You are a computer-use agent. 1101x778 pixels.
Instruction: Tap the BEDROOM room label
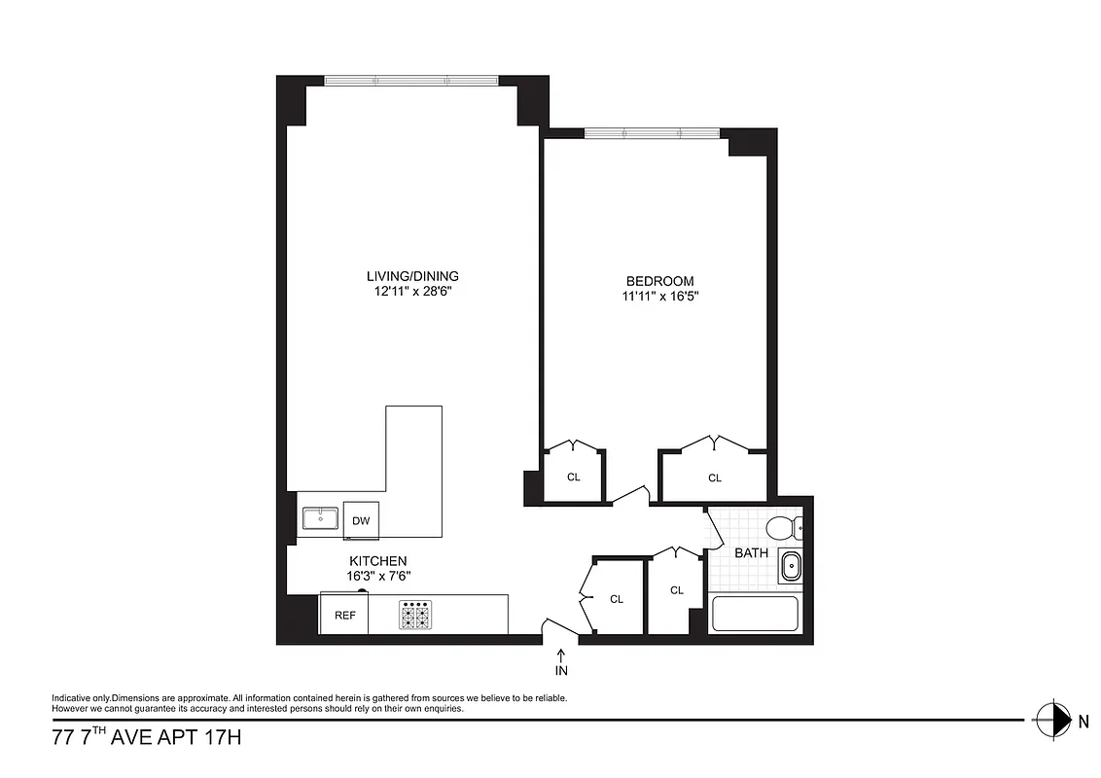pos(660,281)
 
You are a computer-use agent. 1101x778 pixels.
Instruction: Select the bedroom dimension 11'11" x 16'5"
pos(660,297)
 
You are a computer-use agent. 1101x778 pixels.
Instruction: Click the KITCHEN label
pos(378,561)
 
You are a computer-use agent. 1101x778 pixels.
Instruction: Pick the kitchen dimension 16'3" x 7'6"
pos(378,576)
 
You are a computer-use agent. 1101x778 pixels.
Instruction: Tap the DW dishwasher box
pos(361,521)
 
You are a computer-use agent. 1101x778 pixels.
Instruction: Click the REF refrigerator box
pos(344,616)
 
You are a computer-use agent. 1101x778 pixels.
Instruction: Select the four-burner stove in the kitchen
pos(415,615)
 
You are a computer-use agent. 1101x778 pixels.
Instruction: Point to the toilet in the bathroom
pos(782,528)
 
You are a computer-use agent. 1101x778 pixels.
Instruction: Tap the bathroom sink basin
pos(790,565)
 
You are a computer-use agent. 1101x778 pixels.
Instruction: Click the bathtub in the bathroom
pos(755,615)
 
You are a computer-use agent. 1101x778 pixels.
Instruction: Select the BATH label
pos(751,552)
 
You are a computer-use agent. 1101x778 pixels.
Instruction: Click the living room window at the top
pos(411,81)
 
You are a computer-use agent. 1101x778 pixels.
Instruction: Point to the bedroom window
pos(652,133)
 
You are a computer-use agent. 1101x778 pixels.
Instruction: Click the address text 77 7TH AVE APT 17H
pos(146,738)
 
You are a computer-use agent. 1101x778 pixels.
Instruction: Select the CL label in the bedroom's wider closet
pos(715,477)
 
